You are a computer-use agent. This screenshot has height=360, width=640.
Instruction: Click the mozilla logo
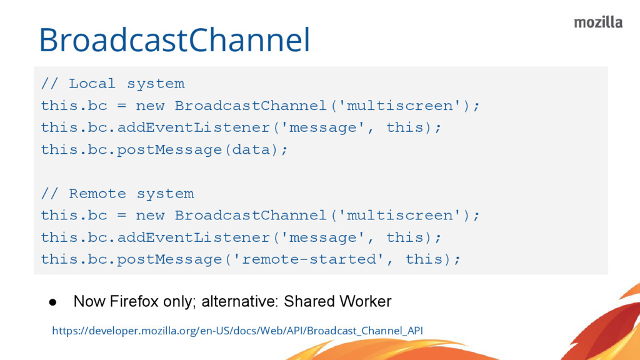pyautogui.click(x=598, y=22)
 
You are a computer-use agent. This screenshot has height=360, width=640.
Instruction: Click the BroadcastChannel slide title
pyautogui.click(x=174, y=41)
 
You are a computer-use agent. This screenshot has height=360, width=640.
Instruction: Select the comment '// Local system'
pyautogui.click(x=112, y=84)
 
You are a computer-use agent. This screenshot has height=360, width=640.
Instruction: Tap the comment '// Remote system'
pyautogui.click(x=117, y=194)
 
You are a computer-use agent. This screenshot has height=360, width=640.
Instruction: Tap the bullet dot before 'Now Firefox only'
pyautogui.click(x=54, y=302)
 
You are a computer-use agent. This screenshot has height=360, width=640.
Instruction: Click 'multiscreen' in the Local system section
pyautogui.click(x=400, y=106)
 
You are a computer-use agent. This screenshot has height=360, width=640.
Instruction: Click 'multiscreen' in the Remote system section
pyautogui.click(x=400, y=216)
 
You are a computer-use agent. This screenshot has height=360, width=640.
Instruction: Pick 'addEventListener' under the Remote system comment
pyautogui.click(x=194, y=237)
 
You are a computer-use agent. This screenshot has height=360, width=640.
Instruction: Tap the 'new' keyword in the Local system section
pyautogui.click(x=151, y=106)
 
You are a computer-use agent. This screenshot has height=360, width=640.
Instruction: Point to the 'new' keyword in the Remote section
pyautogui.click(x=151, y=216)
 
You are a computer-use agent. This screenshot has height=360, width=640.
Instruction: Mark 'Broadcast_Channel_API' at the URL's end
pyautogui.click(x=365, y=330)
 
